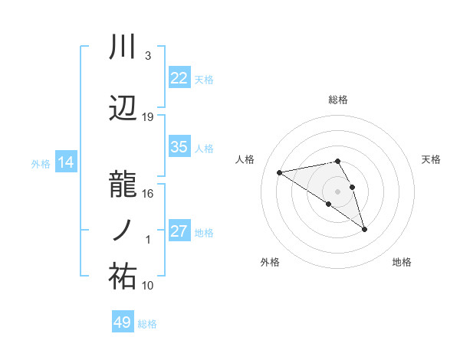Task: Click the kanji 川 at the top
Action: click(x=123, y=48)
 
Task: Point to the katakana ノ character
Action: click(x=123, y=230)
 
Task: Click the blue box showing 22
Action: click(x=179, y=78)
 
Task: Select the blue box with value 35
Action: click(x=179, y=147)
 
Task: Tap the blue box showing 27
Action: click(x=179, y=231)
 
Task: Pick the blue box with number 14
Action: click(x=65, y=162)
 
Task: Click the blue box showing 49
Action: click(x=123, y=322)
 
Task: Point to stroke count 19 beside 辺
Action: click(x=148, y=116)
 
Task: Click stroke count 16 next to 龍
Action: click(x=148, y=193)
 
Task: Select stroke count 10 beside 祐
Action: click(x=148, y=285)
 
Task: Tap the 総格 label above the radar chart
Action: click(x=338, y=100)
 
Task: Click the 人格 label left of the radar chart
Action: click(x=245, y=159)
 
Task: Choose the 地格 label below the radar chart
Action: click(x=402, y=262)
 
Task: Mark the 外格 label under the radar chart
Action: click(x=270, y=262)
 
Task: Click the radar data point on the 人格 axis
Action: click(x=280, y=172)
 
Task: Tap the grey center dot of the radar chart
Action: click(x=338, y=191)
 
